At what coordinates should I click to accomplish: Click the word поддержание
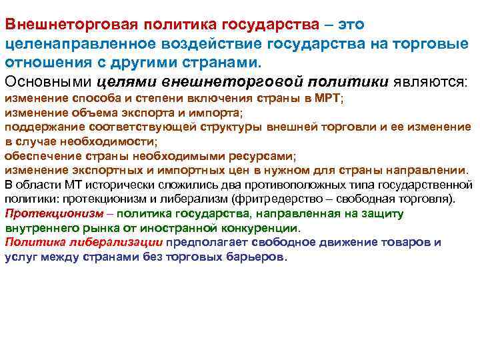[x=41, y=127]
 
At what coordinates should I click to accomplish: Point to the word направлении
[x=429, y=169]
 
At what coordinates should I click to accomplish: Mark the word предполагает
[x=201, y=241]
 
